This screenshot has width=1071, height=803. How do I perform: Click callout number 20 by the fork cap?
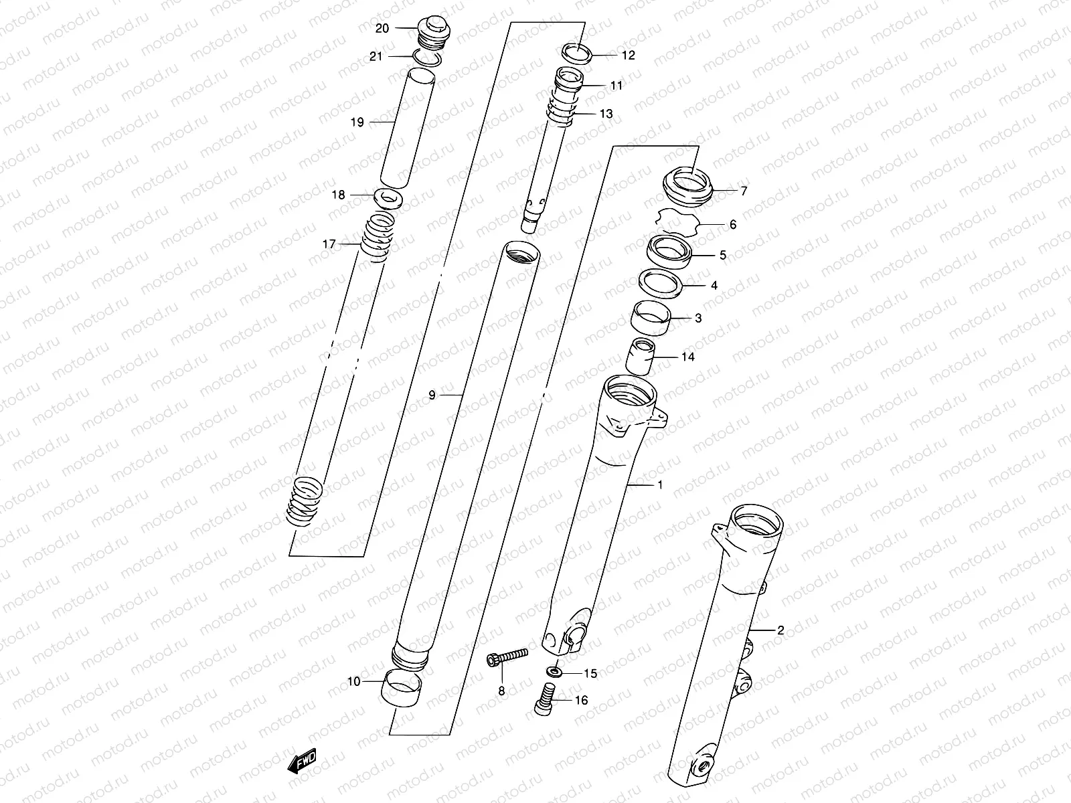382,28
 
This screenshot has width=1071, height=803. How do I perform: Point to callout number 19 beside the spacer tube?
357,122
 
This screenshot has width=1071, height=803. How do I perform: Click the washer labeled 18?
389,197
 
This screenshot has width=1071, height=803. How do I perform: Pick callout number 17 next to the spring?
329,244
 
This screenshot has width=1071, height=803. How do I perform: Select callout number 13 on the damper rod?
606,114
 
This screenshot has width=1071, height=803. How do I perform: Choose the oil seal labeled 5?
669,252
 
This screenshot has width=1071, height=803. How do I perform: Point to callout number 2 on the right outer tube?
780,630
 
